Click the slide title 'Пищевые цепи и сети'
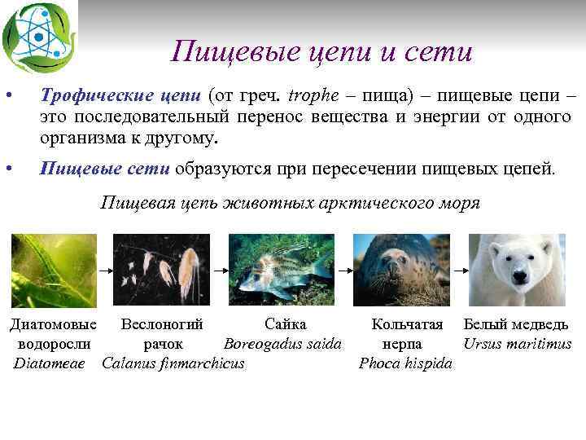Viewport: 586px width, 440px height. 321,52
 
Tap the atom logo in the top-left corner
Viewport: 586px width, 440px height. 38,36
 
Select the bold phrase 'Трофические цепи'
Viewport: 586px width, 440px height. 121,96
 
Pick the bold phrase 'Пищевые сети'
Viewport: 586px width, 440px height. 105,169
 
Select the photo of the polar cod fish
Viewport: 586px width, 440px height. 281,270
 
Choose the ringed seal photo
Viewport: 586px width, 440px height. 400,270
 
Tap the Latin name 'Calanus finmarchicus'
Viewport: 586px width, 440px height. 173,363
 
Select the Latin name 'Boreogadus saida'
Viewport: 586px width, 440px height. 282,344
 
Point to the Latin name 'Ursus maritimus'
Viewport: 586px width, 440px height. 518,344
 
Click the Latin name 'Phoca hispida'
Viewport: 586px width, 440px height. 405,363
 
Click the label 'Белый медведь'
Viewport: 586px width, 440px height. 516,325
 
